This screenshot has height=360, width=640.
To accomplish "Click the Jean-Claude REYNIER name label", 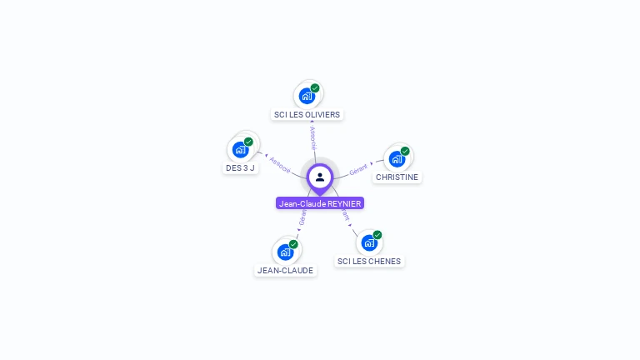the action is click(320, 203).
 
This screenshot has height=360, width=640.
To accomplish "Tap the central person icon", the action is click(320, 177).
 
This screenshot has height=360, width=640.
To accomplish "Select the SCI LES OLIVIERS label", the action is click(307, 114).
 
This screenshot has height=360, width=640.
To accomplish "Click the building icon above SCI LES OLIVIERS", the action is click(307, 96).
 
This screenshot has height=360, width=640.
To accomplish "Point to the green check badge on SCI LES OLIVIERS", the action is click(315, 87).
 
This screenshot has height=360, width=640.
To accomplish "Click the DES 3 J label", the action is click(240, 167).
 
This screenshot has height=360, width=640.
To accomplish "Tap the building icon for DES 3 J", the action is click(240, 150).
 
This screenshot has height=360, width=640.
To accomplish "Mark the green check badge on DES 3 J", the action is click(248, 142).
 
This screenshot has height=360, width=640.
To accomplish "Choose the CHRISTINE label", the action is click(397, 177).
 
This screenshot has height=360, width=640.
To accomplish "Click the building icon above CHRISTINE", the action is click(397, 158).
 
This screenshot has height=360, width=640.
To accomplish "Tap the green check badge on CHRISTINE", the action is click(405, 151).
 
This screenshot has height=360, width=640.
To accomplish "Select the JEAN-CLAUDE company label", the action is click(285, 270).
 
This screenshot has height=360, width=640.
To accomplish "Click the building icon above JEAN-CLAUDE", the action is click(285, 252).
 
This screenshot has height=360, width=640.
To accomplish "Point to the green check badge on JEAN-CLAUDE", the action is click(293, 244).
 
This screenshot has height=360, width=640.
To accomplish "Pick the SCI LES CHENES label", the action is click(368, 261).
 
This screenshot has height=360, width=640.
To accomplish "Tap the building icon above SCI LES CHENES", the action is click(368, 242).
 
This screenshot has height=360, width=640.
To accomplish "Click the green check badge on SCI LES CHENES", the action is click(377, 235).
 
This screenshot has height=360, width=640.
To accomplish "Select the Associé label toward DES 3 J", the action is click(280, 164).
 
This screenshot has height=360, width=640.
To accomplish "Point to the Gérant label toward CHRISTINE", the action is click(358, 168).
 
